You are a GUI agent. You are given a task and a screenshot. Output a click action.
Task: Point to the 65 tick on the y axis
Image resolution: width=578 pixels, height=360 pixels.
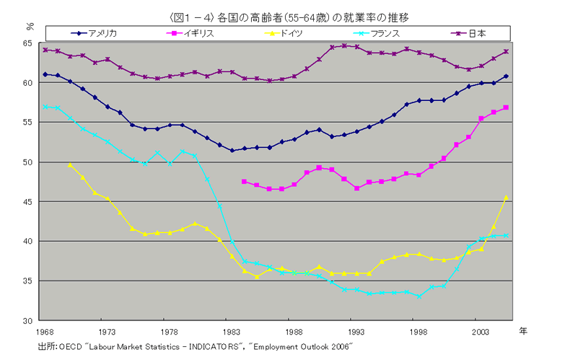tap(30, 44)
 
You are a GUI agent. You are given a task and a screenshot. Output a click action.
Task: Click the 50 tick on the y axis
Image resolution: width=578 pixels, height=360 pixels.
tap(30, 162)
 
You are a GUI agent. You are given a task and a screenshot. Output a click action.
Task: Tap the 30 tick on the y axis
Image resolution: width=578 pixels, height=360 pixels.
tap(30, 320)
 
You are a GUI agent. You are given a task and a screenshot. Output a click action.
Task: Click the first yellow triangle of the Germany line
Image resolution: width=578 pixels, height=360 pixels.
tap(70, 164)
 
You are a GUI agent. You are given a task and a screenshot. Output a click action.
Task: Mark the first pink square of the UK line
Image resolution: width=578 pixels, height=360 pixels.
tap(244, 181)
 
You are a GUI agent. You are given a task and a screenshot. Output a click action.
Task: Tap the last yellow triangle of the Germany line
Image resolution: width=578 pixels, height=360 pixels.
tap(506, 197)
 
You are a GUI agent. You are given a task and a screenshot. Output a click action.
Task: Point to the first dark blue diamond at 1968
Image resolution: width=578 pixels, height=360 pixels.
tap(45, 74)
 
